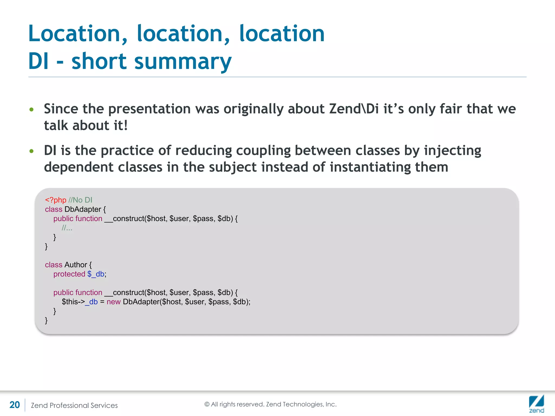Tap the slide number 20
(x=15, y=405)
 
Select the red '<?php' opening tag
(x=56, y=200)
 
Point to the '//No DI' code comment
(x=80, y=200)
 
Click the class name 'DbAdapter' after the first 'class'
(x=83, y=209)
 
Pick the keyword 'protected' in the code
(x=69, y=274)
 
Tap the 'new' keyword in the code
(x=113, y=302)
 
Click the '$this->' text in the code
(x=73, y=302)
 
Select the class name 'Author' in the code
(x=76, y=265)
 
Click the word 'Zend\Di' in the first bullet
(x=354, y=109)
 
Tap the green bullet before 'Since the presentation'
(x=31, y=109)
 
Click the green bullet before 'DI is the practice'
(x=31, y=151)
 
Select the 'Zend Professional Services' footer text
(x=74, y=405)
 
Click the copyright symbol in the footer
(x=207, y=404)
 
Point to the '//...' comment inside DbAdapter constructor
(x=67, y=228)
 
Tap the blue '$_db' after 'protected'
(x=96, y=274)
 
